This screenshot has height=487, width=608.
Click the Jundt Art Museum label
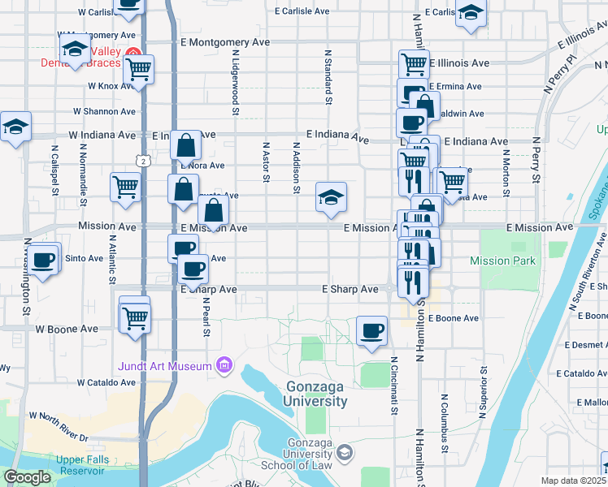coord(165,366)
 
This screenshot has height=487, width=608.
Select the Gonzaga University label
coord(316,394)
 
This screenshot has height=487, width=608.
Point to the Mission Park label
coord(502,261)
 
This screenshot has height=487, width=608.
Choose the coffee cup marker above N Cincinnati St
coord(372,331)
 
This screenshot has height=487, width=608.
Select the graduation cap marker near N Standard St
coord(331,197)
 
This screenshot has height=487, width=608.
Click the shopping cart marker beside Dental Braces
coord(139,71)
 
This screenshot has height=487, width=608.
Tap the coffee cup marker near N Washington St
coord(44,260)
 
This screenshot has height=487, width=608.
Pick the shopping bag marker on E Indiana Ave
coord(186,147)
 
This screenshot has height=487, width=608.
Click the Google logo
coord(28,477)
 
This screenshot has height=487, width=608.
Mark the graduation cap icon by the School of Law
coord(344,450)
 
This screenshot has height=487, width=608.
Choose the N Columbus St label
coord(445,425)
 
